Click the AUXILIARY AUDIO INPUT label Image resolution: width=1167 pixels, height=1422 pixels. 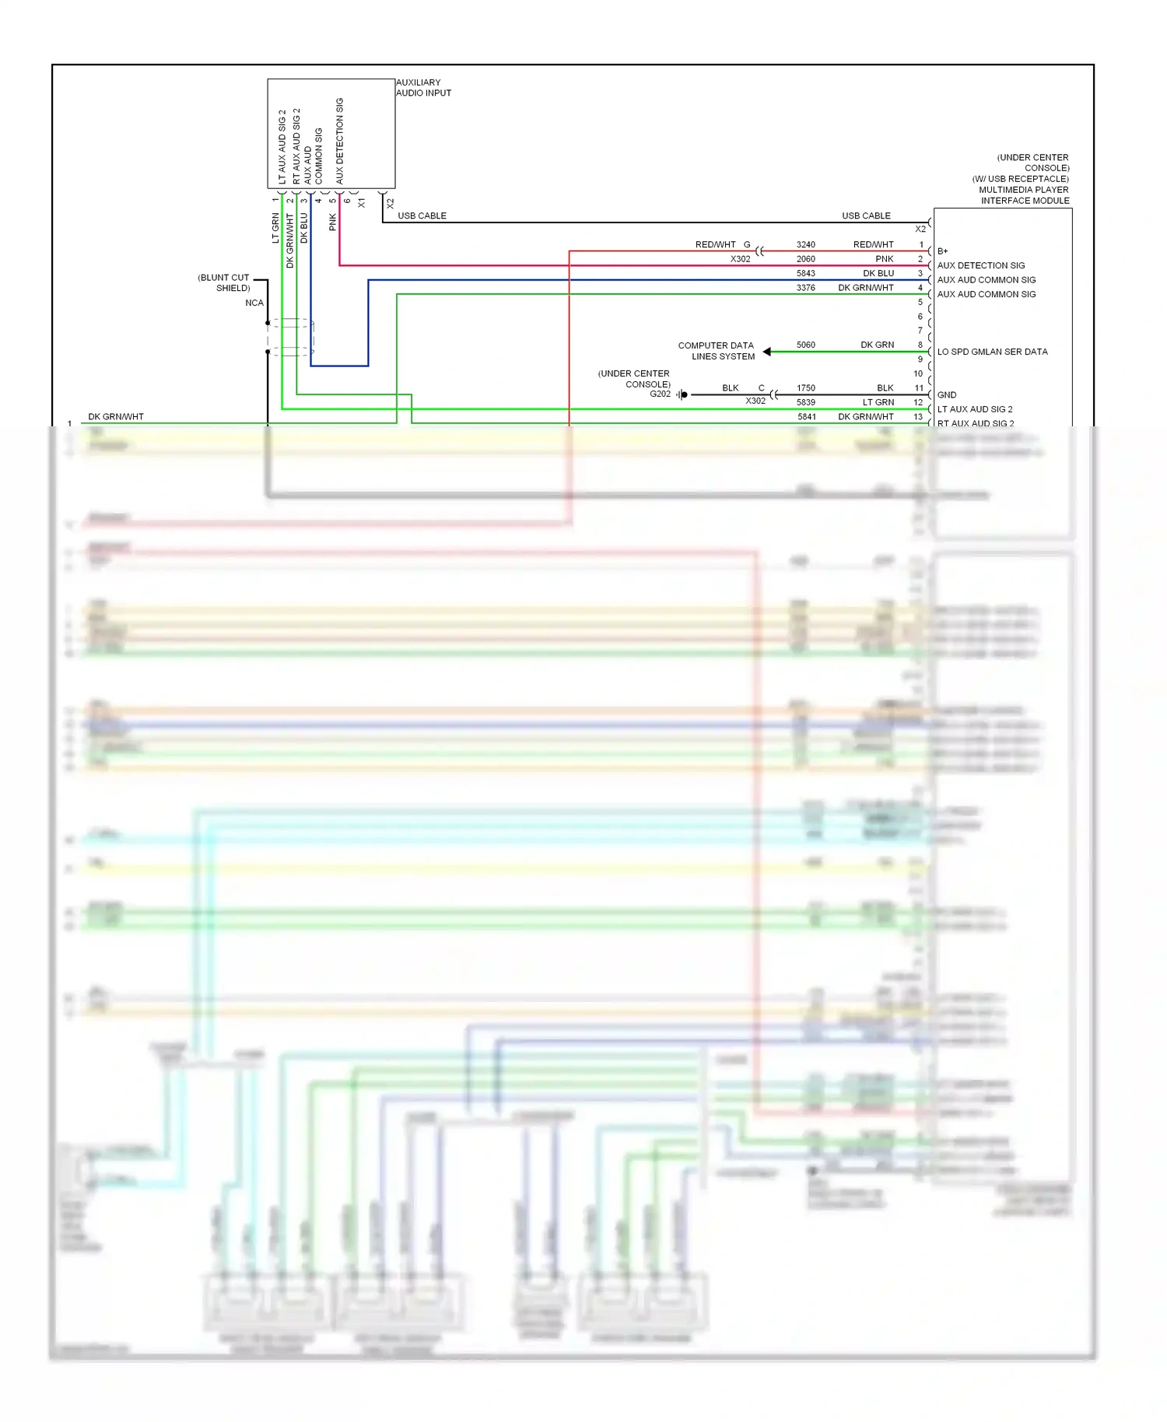pyautogui.click(x=422, y=87)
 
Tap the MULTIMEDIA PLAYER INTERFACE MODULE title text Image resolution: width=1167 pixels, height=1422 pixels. pyautogui.click(x=1024, y=194)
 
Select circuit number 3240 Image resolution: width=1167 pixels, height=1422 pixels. pyautogui.click(x=805, y=244)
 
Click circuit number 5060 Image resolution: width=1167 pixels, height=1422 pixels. pyautogui.click(x=805, y=345)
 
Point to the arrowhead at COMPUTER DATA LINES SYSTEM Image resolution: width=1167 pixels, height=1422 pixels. pyautogui.click(x=767, y=352)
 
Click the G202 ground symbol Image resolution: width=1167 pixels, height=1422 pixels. pyautogui.click(x=682, y=395)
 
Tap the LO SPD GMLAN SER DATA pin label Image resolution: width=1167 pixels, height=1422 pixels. pyautogui.click(x=992, y=352)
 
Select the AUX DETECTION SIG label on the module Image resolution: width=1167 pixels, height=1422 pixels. pyautogui.click(x=980, y=265)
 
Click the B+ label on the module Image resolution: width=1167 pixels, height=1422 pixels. pyautogui.click(x=942, y=251)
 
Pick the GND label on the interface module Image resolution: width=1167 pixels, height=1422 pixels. pyautogui.click(x=946, y=395)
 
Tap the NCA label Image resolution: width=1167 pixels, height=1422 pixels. pyautogui.click(x=254, y=303)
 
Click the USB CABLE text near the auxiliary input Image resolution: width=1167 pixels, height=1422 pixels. pyautogui.click(x=422, y=215)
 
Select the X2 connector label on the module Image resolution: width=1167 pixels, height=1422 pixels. pyautogui.click(x=920, y=229)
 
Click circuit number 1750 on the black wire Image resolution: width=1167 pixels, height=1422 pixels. pyautogui.click(x=805, y=387)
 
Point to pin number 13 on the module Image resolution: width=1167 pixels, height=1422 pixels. pyautogui.click(x=918, y=417)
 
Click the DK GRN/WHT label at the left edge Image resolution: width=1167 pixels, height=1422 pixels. pyautogui.click(x=116, y=417)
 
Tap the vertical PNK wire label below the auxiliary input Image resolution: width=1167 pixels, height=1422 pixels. pyautogui.click(x=333, y=222)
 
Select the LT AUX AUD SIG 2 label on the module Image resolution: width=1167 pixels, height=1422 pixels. pyautogui.click(x=974, y=409)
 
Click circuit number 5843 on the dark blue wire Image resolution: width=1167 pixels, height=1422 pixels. pyautogui.click(x=805, y=273)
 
